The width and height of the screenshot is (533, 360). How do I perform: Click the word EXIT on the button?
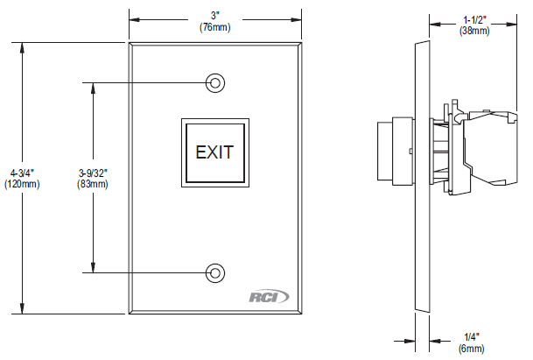pos(214,152)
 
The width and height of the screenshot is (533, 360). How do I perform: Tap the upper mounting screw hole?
pos(214,83)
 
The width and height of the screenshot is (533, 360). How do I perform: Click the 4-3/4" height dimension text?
pos(18,172)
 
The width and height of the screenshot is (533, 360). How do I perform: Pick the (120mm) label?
pos(18,184)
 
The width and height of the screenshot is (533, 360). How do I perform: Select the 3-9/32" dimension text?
pos(92,172)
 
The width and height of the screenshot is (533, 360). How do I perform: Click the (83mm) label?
pos(92,184)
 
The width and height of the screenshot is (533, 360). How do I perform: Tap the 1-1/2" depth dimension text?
pos(475,18)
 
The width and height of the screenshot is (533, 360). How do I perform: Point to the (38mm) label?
pos(475,30)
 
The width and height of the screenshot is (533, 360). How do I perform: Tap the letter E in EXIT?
pos(200,152)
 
